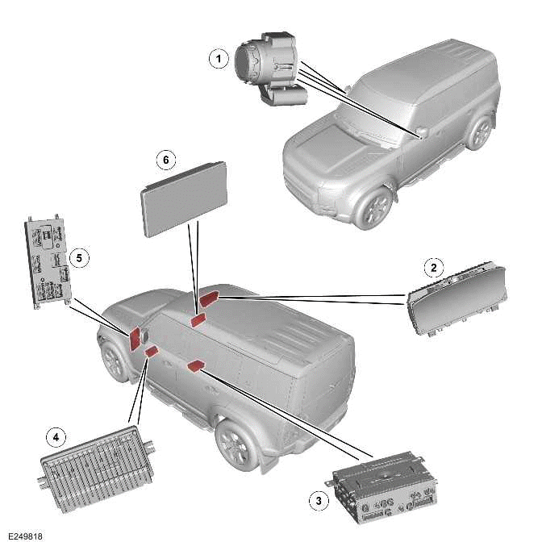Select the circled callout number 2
[x=434, y=267]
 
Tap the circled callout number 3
[x=319, y=500]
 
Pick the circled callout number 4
[x=56, y=437]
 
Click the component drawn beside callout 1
[x=271, y=69]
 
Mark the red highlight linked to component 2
[x=208, y=298]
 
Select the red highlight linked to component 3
[x=194, y=367]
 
